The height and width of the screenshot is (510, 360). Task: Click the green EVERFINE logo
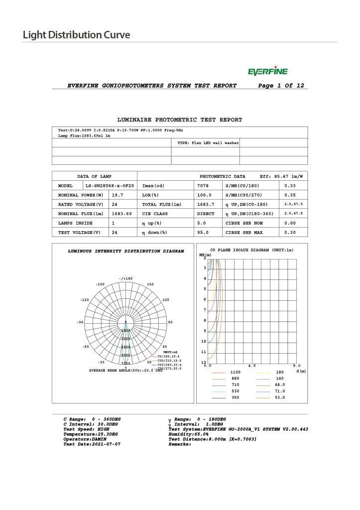267,72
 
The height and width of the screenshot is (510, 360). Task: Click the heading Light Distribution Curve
76,35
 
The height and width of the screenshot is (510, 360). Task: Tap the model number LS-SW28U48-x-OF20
110,186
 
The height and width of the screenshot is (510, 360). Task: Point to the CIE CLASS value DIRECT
206,214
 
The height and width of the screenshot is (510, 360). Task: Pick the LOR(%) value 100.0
205,195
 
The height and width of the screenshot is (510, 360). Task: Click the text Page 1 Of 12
281,86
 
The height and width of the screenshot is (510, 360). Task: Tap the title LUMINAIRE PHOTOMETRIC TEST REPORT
179,120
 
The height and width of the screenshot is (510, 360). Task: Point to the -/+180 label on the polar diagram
126,278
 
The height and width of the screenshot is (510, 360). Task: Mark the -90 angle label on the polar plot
80,322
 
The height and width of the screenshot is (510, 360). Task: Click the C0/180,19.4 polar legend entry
169,357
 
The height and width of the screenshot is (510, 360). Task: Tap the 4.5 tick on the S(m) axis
252,366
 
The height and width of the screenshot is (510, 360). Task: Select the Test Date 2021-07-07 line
92,444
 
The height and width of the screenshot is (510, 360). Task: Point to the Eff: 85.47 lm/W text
281,177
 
